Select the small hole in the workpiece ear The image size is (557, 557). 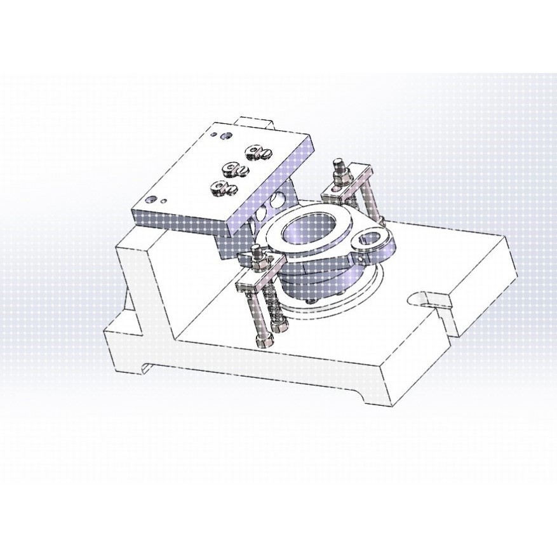tap(366, 239)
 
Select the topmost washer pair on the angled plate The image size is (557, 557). tap(258, 151)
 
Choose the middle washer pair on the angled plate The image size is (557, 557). tap(234, 169)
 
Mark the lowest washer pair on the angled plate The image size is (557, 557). tap(223, 187)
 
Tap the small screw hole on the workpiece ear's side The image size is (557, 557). tap(359, 258)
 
